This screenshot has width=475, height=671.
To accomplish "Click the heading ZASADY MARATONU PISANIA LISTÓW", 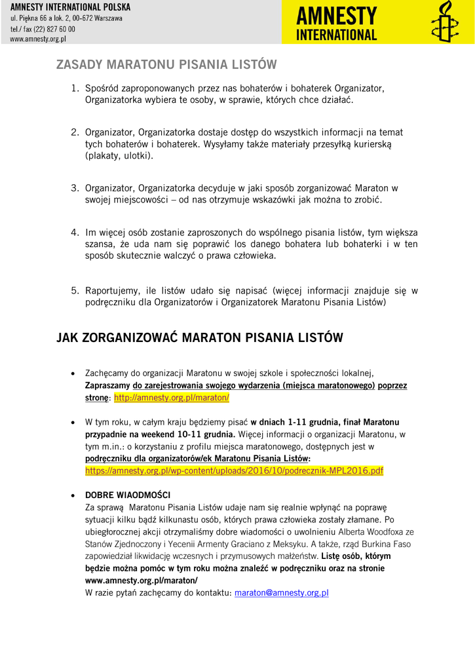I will tap(166, 65).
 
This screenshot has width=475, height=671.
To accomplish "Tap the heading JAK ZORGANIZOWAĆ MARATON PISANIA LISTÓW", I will tap(200, 337).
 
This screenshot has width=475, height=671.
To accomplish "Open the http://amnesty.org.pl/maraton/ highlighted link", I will tap(172, 398).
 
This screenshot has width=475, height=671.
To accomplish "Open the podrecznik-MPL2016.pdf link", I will tap(234, 470).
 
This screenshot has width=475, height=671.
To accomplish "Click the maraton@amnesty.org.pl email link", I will tap(281, 592).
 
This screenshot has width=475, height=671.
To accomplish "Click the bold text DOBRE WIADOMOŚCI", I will tap(128, 495).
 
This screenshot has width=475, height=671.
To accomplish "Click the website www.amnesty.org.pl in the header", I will tap(38, 39).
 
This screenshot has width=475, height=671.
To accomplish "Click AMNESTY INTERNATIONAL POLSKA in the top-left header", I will tap(70, 7).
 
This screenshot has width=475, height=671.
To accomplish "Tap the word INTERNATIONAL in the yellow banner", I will tap(337, 35).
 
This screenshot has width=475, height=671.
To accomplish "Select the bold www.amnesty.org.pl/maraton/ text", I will tap(141, 581).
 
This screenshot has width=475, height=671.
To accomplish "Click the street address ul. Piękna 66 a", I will tap(39, 18).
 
